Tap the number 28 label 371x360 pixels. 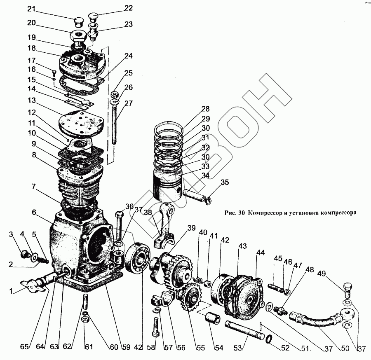(206, 109)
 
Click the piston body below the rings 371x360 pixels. (169, 183)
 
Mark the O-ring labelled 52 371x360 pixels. (268, 339)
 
